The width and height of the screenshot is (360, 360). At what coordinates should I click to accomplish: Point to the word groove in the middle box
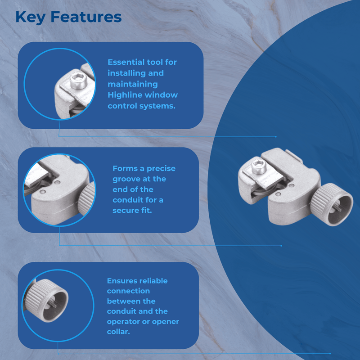(x=127, y=179)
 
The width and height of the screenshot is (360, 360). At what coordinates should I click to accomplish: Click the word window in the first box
(x=164, y=95)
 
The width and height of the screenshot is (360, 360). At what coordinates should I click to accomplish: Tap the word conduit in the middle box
(x=128, y=200)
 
